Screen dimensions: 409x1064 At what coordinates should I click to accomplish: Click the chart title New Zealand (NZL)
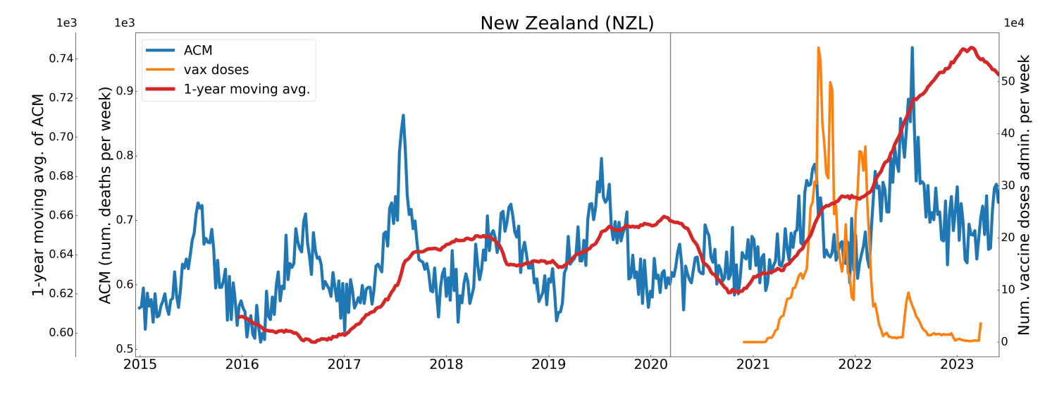(x=567, y=23)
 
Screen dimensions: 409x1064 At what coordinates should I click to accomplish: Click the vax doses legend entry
(x=221, y=70)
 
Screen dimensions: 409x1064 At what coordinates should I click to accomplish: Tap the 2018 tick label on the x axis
(x=446, y=365)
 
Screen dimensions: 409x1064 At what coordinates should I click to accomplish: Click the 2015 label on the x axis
(x=140, y=365)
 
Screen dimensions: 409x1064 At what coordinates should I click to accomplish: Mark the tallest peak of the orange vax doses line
(x=818, y=48)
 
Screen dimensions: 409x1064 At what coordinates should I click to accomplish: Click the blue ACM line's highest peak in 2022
(x=912, y=48)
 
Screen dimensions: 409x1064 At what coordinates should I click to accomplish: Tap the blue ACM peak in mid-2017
(x=403, y=115)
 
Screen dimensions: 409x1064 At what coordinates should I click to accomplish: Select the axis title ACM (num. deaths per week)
(x=106, y=195)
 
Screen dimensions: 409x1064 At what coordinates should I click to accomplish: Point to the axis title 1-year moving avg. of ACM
(x=39, y=194)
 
